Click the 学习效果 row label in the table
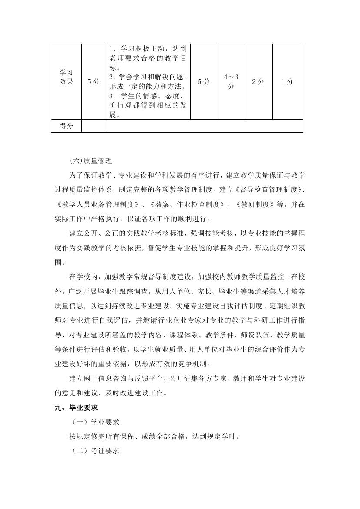[x=66, y=77]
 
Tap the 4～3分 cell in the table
[x=231, y=81]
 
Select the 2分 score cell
[x=258, y=81]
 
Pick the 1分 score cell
[x=287, y=81]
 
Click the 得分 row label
[x=66, y=126]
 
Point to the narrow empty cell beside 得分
[x=94, y=126]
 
